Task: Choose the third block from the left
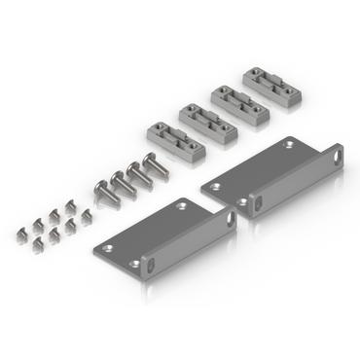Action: [235, 101]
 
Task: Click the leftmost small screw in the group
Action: [22, 233]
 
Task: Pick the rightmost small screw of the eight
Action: [86, 215]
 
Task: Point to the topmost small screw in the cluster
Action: [70, 203]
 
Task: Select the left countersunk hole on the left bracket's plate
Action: [109, 248]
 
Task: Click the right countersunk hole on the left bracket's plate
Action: [183, 206]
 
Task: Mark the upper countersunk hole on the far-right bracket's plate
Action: [288, 144]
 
